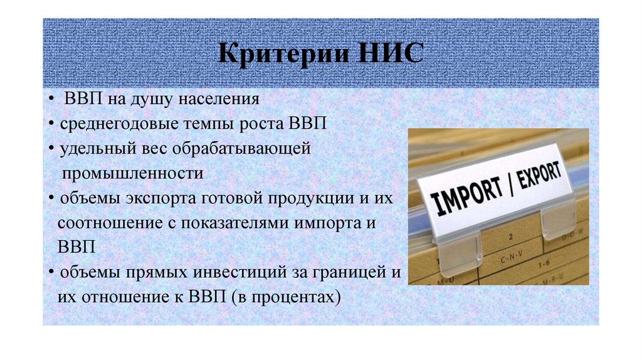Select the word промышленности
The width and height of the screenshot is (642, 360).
[132, 171]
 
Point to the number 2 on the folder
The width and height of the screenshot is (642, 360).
[512, 238]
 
